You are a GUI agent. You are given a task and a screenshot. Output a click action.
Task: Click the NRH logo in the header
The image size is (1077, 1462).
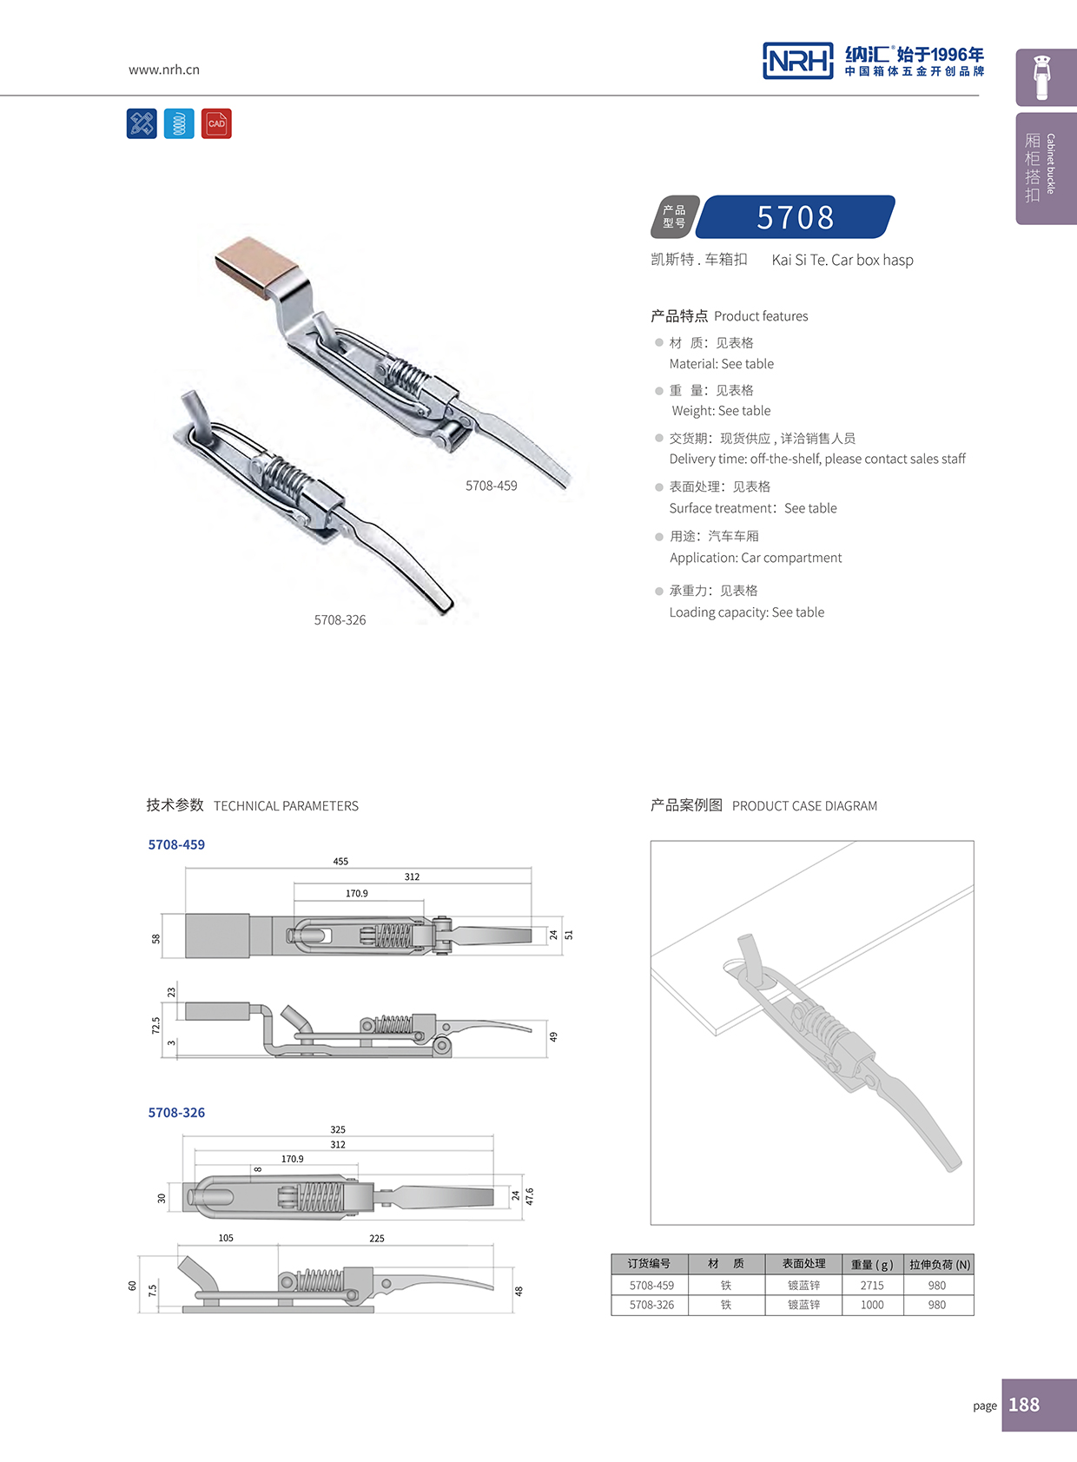click(797, 61)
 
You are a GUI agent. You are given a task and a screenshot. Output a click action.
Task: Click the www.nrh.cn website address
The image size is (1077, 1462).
click(164, 69)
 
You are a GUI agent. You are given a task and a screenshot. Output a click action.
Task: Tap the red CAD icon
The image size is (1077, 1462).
click(216, 123)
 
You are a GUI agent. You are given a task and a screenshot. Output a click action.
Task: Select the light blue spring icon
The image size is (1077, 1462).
click(179, 123)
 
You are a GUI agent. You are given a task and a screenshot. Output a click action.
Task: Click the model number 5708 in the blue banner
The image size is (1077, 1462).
click(795, 217)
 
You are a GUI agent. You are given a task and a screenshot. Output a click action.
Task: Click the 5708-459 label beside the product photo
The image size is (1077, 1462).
click(491, 486)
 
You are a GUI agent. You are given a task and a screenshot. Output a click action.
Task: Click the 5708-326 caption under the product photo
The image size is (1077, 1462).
click(340, 620)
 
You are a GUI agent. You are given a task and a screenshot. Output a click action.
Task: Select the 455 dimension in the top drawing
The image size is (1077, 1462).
click(340, 861)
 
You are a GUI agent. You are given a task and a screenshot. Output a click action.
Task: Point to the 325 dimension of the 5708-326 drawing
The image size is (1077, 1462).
click(338, 1129)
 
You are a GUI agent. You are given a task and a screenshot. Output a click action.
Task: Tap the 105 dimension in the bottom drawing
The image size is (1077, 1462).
click(226, 1238)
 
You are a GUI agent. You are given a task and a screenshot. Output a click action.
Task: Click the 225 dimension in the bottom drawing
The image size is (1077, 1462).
click(377, 1239)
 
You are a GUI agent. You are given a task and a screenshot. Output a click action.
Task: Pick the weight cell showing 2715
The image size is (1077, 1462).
click(872, 1285)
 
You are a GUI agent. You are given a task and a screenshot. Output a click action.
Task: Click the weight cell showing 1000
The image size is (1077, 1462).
click(872, 1305)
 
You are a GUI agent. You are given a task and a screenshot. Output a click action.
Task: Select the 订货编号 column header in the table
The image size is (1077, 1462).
click(650, 1264)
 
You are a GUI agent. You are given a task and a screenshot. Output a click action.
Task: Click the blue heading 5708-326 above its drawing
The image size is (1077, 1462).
click(176, 1112)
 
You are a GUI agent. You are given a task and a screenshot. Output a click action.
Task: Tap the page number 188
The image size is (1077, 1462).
click(1024, 1405)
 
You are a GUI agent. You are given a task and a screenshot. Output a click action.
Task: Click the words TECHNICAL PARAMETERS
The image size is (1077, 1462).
click(286, 806)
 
